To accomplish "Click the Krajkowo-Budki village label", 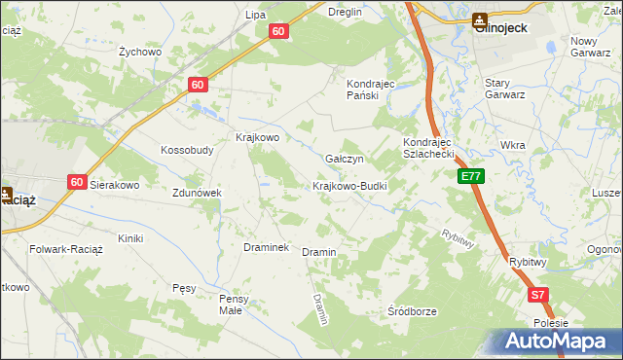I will pos(349,186).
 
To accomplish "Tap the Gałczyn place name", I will pos(345,159).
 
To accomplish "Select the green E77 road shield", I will pos(471,176).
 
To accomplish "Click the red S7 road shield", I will pos(538,295).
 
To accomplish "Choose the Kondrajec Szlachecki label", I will pos(429,148).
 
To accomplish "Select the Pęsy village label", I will pos(184,289).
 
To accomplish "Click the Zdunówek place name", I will pos(198,193).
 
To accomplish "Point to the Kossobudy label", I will pos(187,151).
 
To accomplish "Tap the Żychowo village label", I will pos(138,51).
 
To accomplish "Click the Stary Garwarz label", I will pos(505,90).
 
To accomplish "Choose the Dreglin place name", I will pos(345,12).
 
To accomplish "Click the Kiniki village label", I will pos(130,238).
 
